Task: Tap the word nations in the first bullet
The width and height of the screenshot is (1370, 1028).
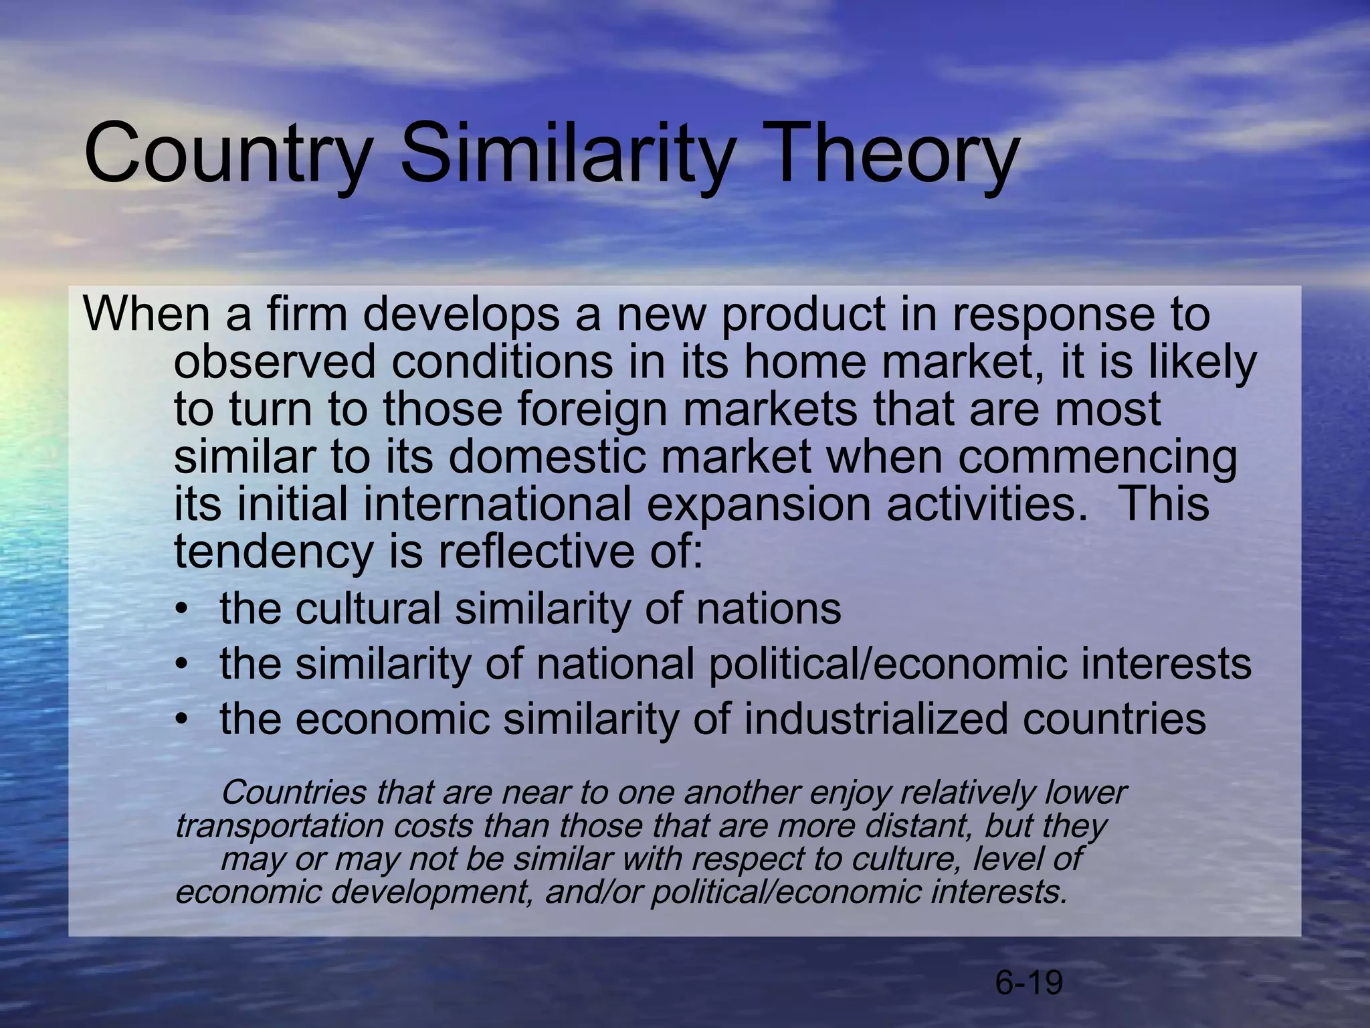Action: click(768, 609)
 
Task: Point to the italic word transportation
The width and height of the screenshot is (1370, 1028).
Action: click(279, 827)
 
